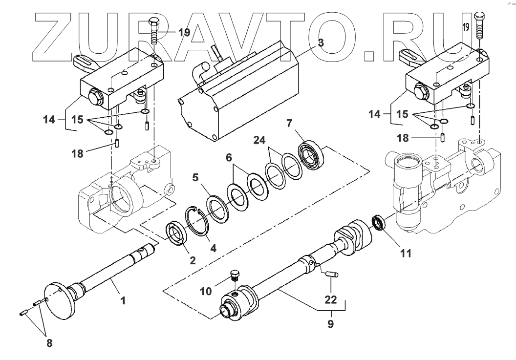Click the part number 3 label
[x=321, y=42]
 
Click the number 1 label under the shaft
[x=123, y=301]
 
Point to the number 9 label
[x=331, y=324]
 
